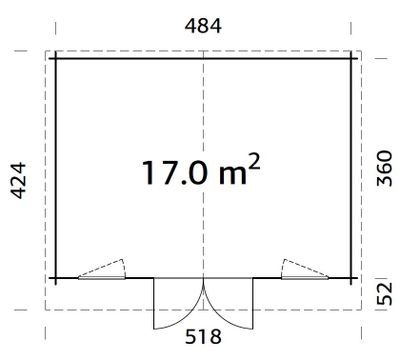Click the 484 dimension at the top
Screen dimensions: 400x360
pyautogui.click(x=203, y=26)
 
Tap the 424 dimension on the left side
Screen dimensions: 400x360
pyautogui.click(x=18, y=180)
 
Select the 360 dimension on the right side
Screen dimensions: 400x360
pyautogui.click(x=384, y=168)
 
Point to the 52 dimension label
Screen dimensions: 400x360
pyautogui.click(x=384, y=294)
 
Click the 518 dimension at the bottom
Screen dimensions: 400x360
pyautogui.click(x=203, y=337)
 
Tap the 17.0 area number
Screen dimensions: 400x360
pyautogui.click(x=175, y=173)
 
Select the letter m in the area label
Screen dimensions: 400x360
pyautogui.click(x=233, y=176)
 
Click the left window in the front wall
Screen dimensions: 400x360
pyautogui.click(x=102, y=278)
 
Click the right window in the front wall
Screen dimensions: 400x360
pyautogui.click(x=305, y=278)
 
